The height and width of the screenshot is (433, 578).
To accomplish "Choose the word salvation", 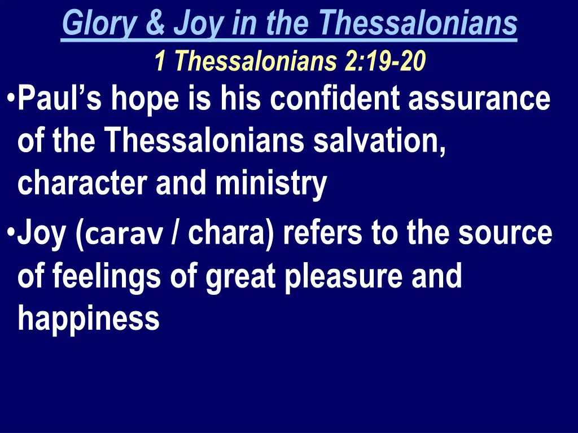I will tap(379, 141).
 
